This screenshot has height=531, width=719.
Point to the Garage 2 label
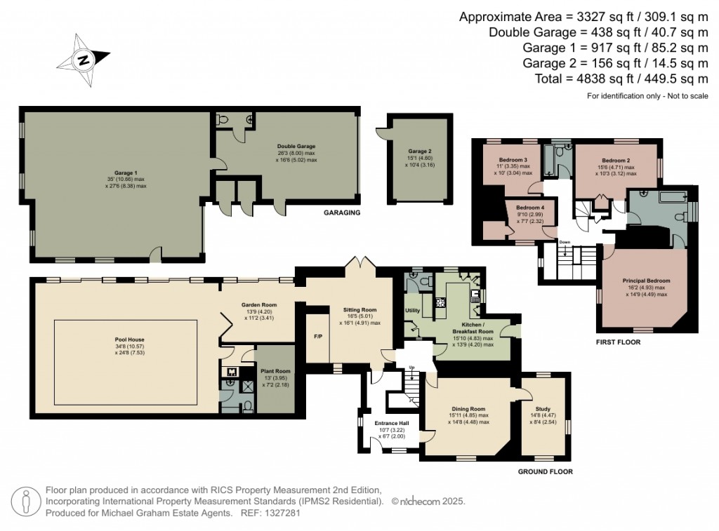(x=420, y=151)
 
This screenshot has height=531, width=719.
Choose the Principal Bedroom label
(x=643, y=281)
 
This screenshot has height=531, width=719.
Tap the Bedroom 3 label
(x=513, y=159)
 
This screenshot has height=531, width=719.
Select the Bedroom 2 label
(x=615, y=159)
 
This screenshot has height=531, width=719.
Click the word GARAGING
(x=343, y=212)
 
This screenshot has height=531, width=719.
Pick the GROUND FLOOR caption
(x=546, y=472)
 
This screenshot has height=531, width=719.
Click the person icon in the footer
(x=27, y=502)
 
